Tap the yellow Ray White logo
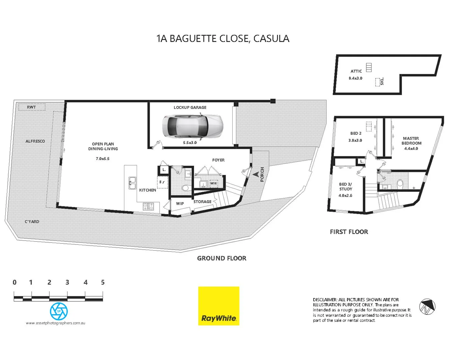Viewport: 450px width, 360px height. [x=219, y=306]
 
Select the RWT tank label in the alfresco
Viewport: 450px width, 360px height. [x=31, y=107]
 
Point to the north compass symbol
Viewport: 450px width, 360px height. [x=427, y=306]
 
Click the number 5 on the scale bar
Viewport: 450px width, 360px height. [x=103, y=282]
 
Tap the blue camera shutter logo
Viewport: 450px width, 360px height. [x=59, y=311]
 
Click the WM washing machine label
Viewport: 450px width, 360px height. [x=213, y=183]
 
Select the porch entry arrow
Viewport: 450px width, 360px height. [x=256, y=174]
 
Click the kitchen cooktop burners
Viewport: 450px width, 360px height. [x=148, y=206]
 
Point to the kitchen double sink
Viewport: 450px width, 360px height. [x=132, y=183]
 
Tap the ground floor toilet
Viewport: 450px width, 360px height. [x=185, y=188]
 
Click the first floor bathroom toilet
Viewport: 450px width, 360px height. [x=400, y=183]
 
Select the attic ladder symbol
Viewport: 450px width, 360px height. [x=369, y=67]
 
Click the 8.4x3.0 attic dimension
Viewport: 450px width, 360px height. [x=355, y=78]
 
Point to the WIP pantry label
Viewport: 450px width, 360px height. [x=180, y=204]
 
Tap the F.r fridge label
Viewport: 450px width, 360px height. [x=162, y=182]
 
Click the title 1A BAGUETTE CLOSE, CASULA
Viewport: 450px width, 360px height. [x=223, y=39]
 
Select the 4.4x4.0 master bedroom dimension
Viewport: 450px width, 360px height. [x=411, y=149]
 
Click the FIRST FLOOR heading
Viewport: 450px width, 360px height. [x=349, y=232]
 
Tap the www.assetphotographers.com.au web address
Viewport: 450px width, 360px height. [x=56, y=323]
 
